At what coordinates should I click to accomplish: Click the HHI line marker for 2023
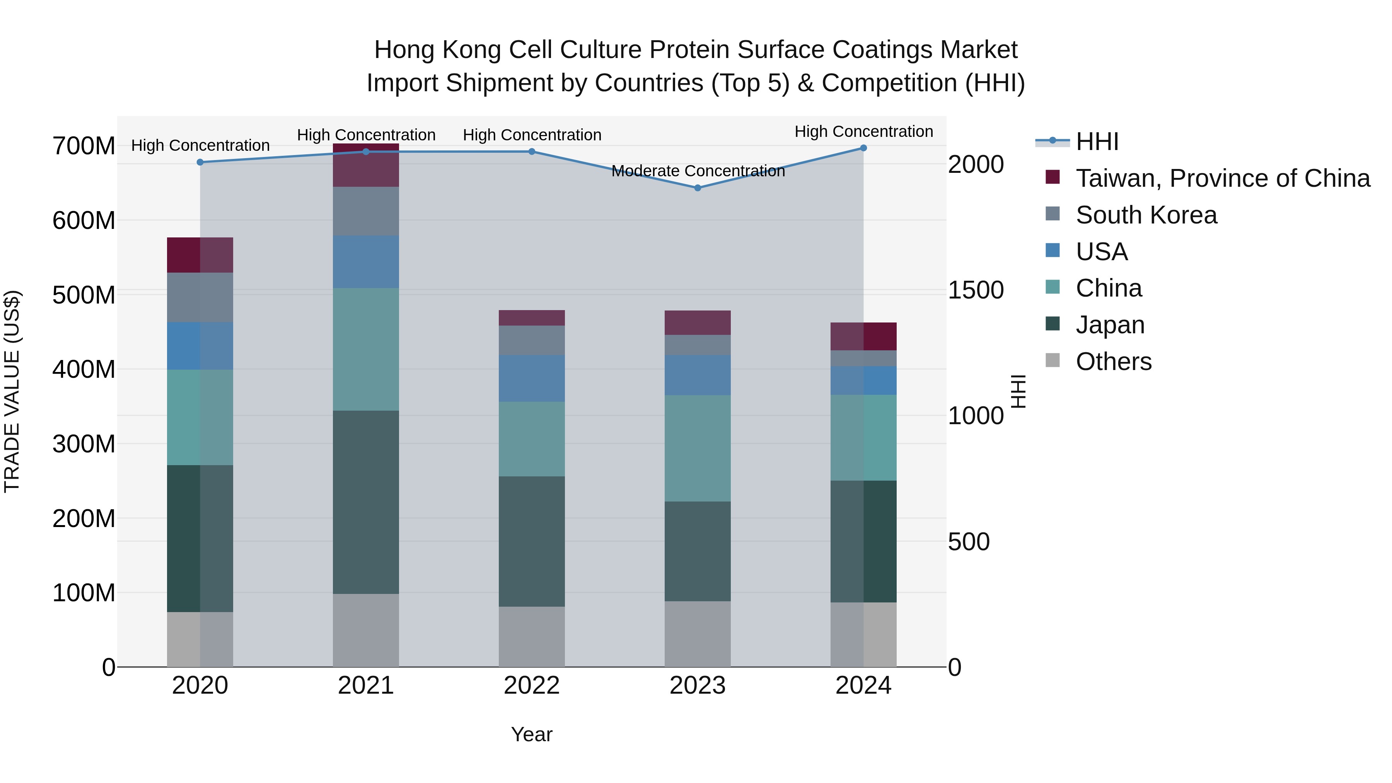(697, 188)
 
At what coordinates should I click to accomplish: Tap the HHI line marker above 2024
(863, 148)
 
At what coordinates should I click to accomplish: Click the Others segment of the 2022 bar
(531, 636)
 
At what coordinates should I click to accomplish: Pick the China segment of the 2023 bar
(697, 448)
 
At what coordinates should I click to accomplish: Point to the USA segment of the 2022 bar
(531, 378)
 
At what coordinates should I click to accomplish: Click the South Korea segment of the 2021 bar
(366, 211)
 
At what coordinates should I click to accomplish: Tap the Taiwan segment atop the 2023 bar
(697, 322)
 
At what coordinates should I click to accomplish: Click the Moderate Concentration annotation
(698, 171)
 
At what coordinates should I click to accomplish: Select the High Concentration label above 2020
(200, 145)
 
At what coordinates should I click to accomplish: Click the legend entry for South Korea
(1146, 215)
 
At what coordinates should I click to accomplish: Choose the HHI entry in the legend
(1097, 142)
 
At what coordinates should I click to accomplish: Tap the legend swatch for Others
(1052, 360)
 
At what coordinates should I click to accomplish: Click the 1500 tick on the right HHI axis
(976, 290)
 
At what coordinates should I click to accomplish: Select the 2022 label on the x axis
(531, 686)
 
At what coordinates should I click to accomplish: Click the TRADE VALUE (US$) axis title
(12, 391)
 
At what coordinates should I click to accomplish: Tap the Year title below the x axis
(531, 734)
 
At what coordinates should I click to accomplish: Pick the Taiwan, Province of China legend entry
(1222, 178)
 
